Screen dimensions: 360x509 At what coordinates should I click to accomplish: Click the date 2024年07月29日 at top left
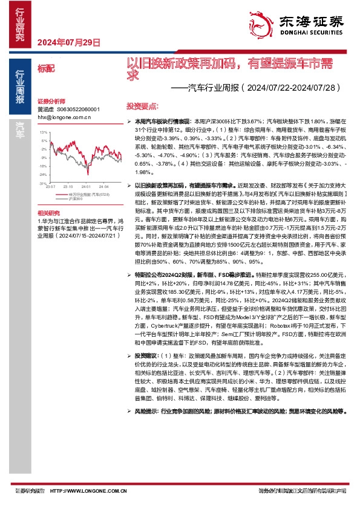[68, 42]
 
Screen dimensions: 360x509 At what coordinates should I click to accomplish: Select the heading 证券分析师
[50, 101]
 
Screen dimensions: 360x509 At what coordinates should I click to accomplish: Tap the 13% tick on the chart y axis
[43, 131]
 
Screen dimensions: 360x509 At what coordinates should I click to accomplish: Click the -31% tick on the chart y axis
[42, 182]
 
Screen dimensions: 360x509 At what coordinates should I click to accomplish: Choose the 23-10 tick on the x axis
[68, 187]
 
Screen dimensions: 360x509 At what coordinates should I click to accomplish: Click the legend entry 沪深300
[76, 198]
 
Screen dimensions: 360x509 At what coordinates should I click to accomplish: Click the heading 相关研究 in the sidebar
[50, 213]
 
